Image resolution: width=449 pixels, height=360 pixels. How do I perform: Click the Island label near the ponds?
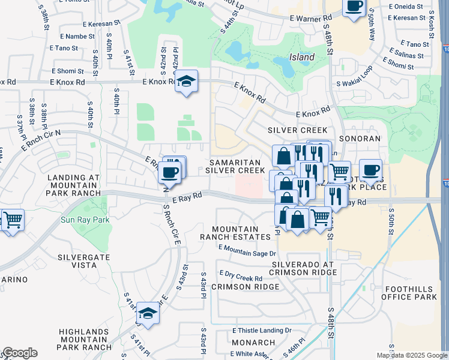(x=302, y=57)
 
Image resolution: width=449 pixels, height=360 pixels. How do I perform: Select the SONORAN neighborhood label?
(x=361, y=139)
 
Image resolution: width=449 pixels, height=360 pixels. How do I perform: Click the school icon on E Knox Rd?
(x=187, y=82)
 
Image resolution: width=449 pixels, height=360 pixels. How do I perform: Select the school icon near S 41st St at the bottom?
(x=148, y=313)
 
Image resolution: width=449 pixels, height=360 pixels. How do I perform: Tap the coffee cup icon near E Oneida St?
(x=354, y=7)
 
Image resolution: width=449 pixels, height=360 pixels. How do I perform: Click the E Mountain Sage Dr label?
(x=247, y=251)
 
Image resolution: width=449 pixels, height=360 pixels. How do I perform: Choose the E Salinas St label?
(x=406, y=55)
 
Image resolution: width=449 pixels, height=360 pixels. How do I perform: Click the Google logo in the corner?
(x=20, y=353)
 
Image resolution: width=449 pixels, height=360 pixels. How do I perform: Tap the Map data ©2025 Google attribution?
(x=411, y=355)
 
